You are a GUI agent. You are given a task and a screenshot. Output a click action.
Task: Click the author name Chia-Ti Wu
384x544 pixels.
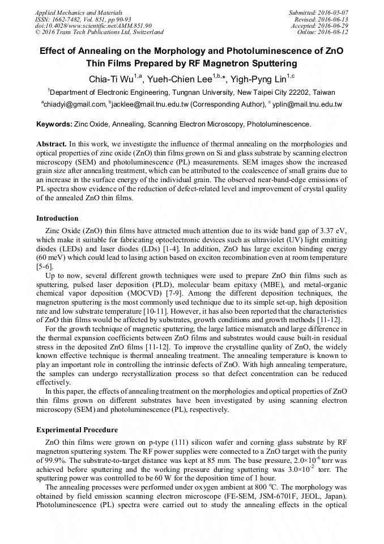pos(112,78)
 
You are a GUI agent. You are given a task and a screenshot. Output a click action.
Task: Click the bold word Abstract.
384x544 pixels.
pos(52,144)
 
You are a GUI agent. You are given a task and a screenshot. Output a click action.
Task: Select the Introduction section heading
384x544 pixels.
pos(57,218)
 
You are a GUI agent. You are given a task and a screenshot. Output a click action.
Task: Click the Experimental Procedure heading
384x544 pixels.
pos(77,429)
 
